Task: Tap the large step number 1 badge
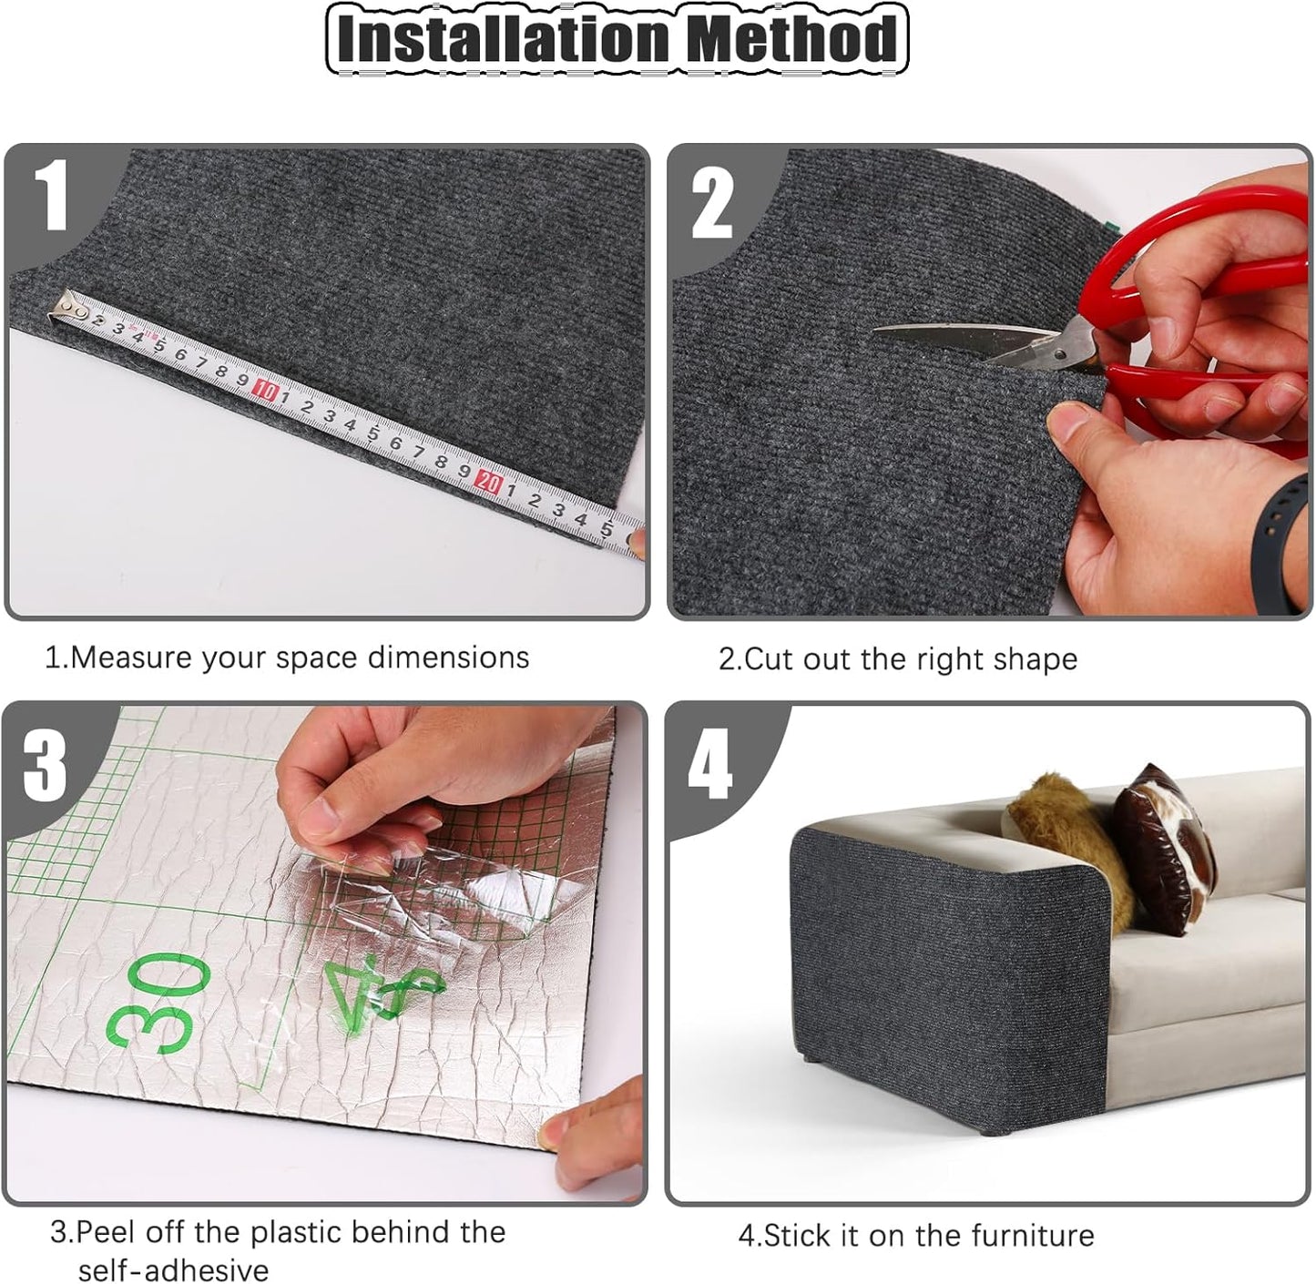(x=54, y=199)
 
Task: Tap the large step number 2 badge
(x=711, y=204)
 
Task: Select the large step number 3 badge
(x=46, y=765)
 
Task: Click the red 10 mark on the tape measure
(x=266, y=390)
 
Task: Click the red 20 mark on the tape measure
(x=489, y=482)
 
